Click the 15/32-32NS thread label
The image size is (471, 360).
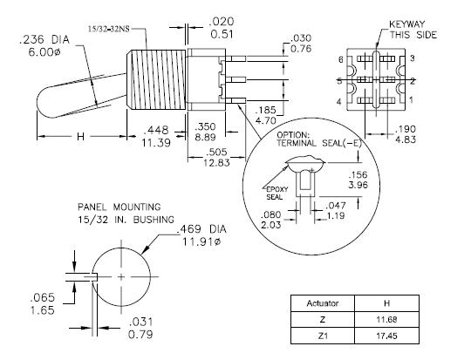109,29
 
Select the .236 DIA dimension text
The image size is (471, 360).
44,39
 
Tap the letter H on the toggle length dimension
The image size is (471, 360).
80,137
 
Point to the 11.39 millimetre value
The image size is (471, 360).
156,142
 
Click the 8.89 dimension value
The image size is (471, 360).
206,137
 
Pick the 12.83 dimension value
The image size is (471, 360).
216,163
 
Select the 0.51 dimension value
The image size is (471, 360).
222,34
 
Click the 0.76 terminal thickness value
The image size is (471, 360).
301,48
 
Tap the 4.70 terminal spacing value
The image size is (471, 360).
265,120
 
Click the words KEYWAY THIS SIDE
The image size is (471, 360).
413,30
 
